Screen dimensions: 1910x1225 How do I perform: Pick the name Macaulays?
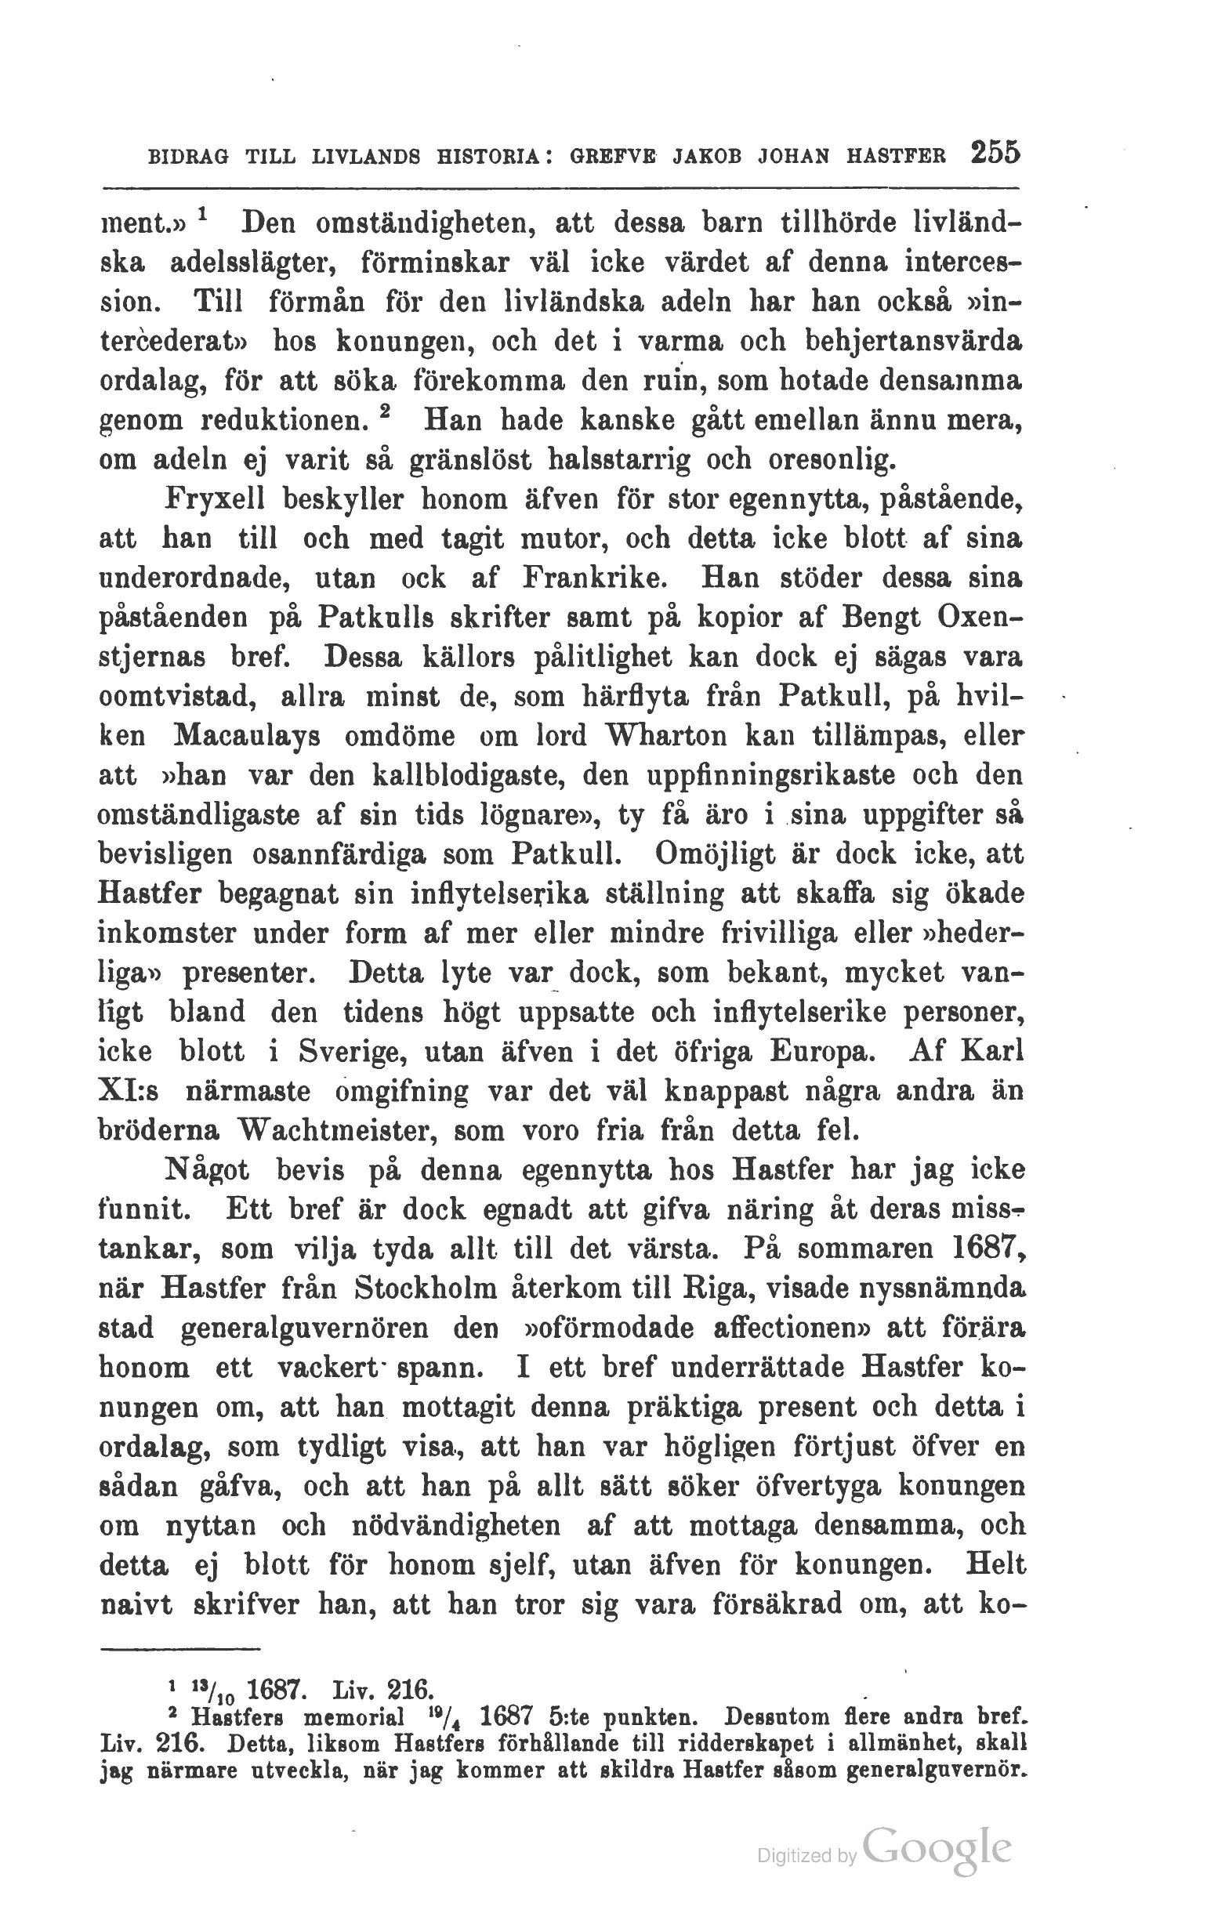point(247,736)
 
